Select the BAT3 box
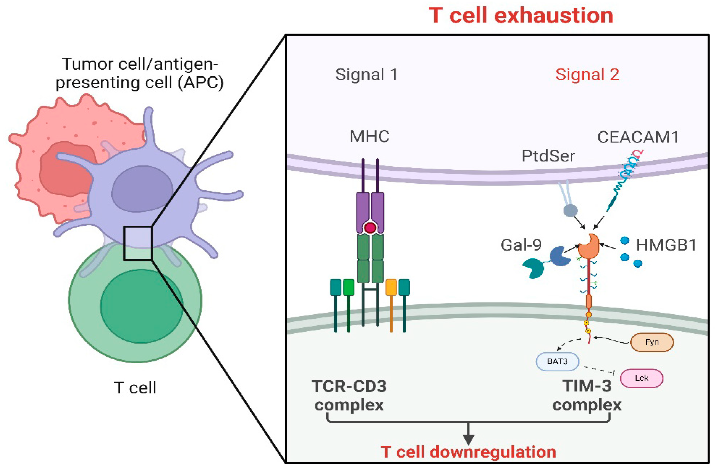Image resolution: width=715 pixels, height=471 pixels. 557,361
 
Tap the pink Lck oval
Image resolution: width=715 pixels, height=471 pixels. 641,378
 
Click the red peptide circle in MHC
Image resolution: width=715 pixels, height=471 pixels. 370,228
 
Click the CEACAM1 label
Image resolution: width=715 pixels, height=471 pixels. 637,137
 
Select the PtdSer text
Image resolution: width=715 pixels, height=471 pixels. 548,156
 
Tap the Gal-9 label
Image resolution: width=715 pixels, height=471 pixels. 521,245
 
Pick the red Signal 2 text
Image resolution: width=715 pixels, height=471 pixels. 587,74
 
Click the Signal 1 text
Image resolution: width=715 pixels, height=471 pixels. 367,74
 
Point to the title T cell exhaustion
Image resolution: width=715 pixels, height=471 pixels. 521,16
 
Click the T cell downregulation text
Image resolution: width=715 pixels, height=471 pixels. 468,452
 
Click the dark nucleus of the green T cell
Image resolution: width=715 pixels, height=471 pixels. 141,306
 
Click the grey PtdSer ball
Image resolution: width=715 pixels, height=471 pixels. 570,211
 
